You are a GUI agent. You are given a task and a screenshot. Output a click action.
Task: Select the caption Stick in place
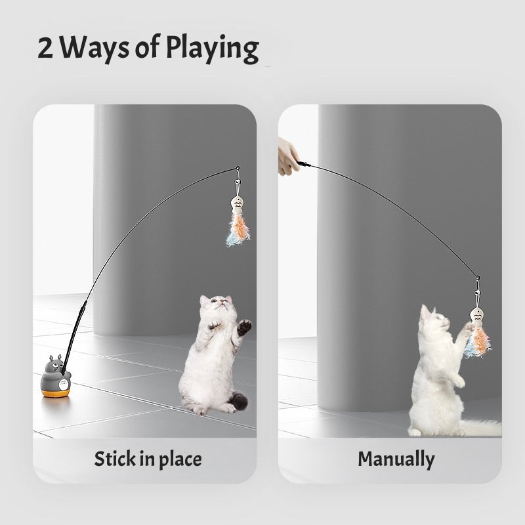coord(148,459)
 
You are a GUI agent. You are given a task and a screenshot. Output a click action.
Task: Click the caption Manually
coord(396,459)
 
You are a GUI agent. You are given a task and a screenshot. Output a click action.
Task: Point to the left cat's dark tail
coord(239,400)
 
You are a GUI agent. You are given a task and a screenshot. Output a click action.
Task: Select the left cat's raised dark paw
coord(244,325)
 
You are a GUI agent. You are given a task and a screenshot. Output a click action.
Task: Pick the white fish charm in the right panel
coord(477,313)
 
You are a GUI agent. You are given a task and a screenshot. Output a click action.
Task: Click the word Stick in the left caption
coord(114,459)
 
